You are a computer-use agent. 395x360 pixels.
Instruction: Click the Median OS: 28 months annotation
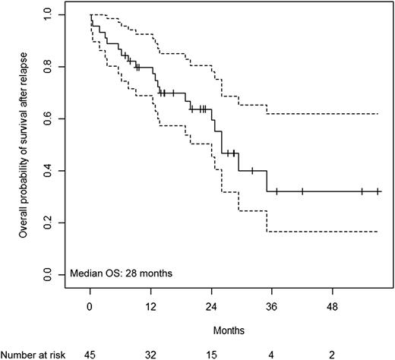[120, 271]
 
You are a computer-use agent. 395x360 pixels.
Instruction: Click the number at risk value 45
[90, 353]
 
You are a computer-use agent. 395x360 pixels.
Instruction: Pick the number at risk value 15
[210, 353]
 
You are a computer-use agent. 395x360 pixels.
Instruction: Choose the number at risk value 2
[332, 353]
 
